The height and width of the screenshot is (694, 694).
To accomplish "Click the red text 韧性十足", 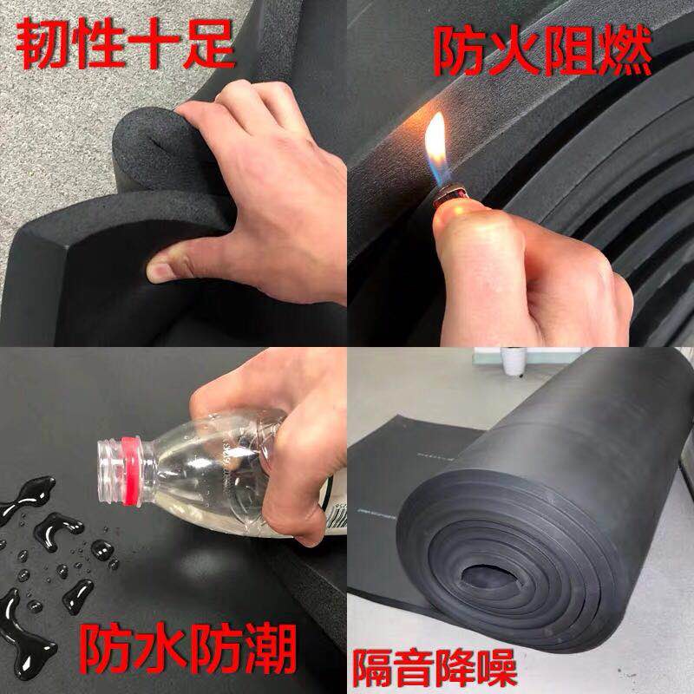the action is tap(125, 44).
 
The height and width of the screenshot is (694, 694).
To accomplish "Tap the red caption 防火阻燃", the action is tap(542, 50).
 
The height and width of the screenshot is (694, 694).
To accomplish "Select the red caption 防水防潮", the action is tap(188, 648).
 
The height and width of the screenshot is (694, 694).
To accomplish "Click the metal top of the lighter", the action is tap(450, 196).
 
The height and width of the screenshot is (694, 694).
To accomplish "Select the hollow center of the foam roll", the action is tap(490, 577).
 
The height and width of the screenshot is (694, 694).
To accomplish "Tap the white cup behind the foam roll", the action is tap(514, 361).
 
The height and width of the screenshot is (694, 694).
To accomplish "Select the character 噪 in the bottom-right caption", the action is tap(496, 667).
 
